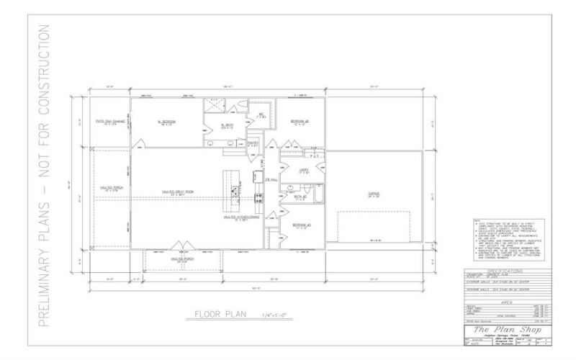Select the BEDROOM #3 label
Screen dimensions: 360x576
click(x=302, y=225)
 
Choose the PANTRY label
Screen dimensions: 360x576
click(x=253, y=143)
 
